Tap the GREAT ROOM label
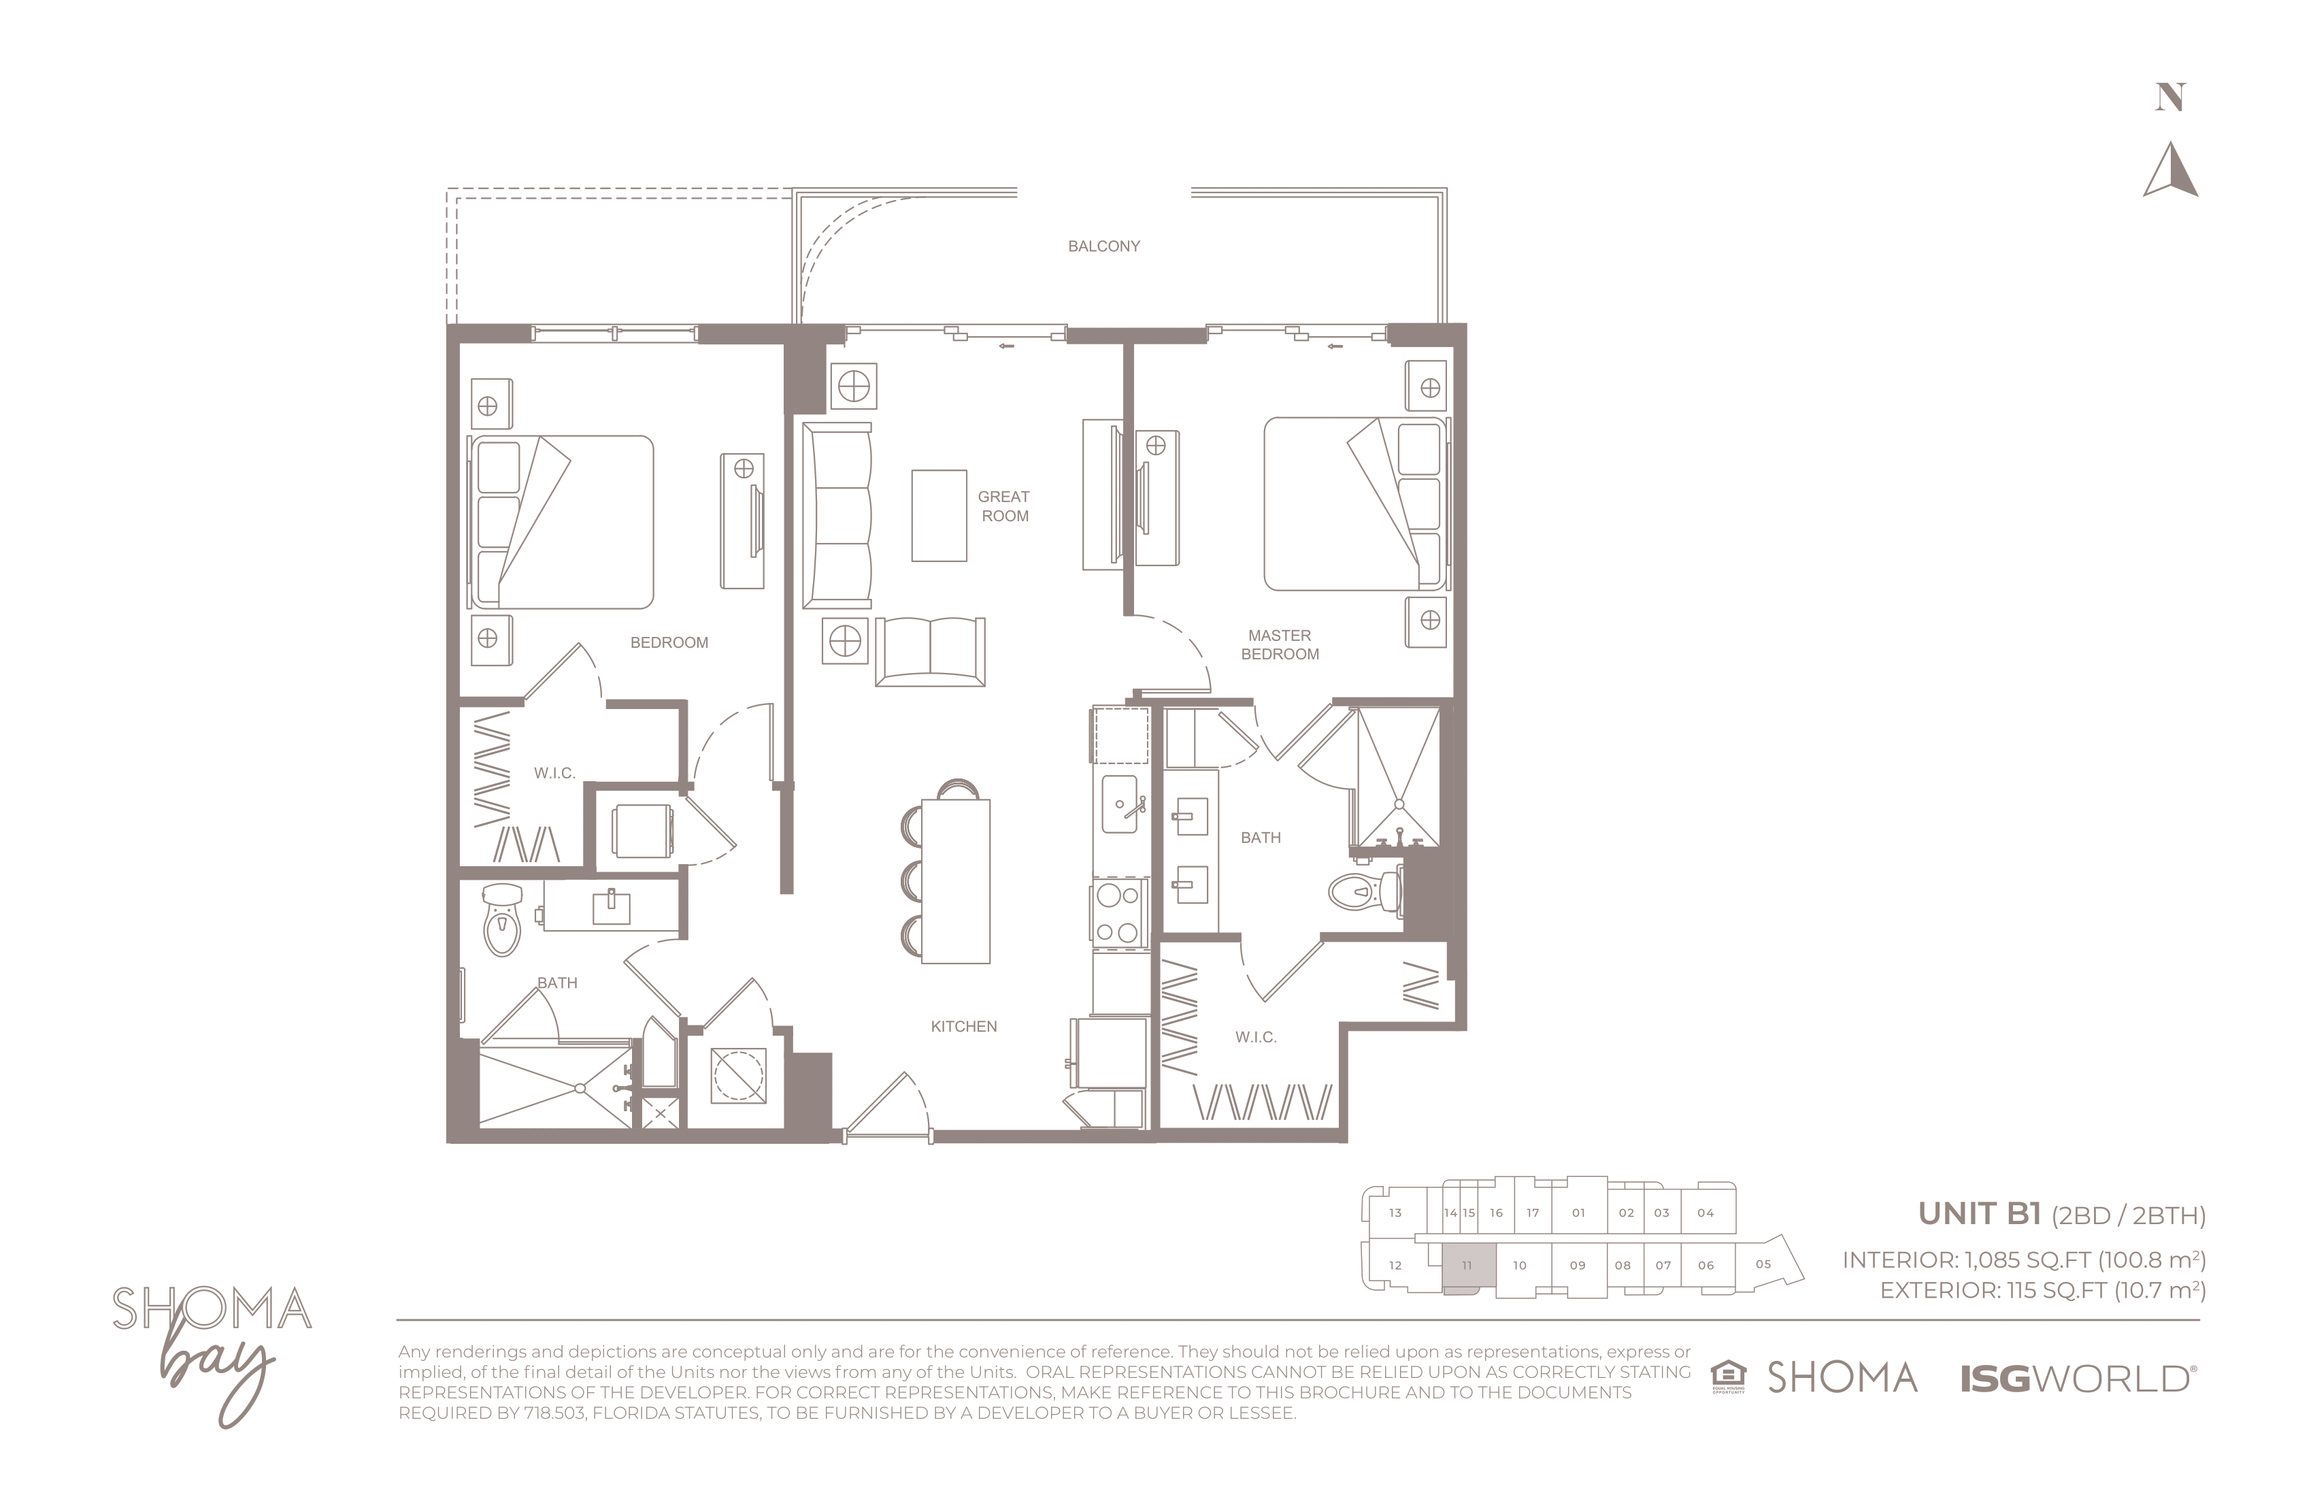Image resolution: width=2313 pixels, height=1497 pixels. pos(1004,506)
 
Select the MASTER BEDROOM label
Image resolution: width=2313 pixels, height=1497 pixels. pos(1280,644)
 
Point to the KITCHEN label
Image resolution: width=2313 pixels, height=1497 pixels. pos(963,1027)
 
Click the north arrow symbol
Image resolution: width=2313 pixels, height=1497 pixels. pos(2170,170)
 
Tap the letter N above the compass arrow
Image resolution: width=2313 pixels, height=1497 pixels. pos(2170,97)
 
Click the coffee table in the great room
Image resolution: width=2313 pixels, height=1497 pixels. pos(939,515)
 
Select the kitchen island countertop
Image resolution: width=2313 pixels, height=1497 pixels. pos(955,881)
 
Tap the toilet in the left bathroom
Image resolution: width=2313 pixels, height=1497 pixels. pos(501,919)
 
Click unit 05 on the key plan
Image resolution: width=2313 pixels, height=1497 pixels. pos(1764,1265)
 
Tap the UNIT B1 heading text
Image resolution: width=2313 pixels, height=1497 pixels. pos(1979,1214)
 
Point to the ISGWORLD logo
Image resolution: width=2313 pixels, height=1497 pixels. pos(2076,1379)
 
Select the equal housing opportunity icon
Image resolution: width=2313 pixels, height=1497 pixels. pos(1728,1377)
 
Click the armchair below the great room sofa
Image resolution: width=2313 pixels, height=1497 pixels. pos(930,651)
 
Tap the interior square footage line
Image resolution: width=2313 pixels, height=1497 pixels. pos(2023,1261)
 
